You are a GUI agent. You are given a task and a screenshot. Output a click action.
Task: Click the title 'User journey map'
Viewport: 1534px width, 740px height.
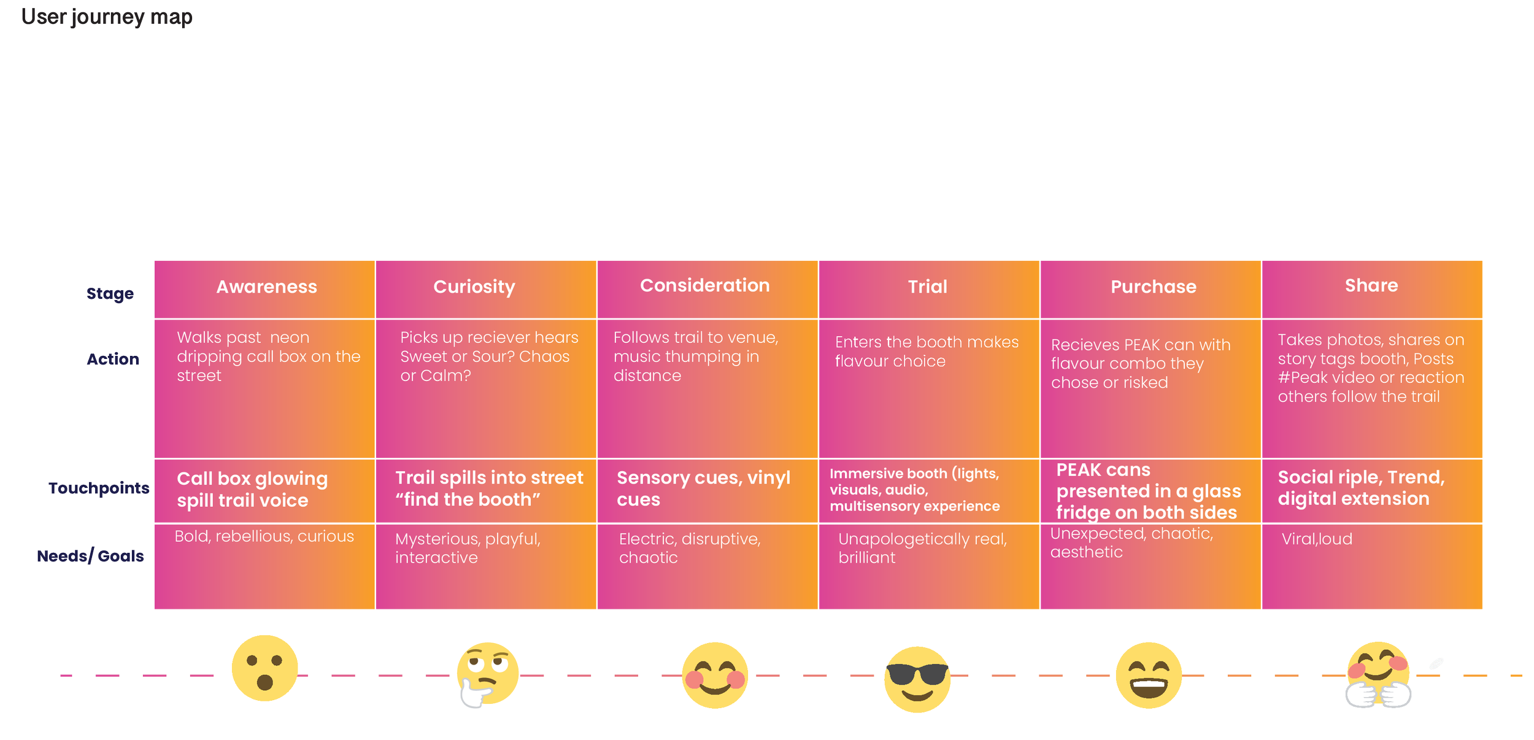[107, 17]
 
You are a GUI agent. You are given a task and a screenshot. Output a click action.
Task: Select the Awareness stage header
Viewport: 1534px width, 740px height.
[266, 287]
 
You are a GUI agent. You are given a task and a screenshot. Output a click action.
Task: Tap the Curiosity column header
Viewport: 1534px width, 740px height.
[474, 287]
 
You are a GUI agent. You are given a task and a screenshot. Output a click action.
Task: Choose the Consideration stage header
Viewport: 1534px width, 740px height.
[704, 285]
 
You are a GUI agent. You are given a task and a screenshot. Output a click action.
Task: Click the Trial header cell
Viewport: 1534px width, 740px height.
[928, 287]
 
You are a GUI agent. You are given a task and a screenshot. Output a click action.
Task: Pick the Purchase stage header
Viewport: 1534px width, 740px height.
[1154, 287]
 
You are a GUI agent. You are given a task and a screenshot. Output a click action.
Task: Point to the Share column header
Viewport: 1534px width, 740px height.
[1371, 285]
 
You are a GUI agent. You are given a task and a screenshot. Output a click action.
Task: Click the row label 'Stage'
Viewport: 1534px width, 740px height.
[110, 294]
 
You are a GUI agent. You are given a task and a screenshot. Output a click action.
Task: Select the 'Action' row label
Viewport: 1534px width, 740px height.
[113, 359]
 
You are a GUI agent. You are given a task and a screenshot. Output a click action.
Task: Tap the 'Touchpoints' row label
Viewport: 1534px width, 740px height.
[99, 488]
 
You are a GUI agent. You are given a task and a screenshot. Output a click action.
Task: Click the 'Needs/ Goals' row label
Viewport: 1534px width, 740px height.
[90, 556]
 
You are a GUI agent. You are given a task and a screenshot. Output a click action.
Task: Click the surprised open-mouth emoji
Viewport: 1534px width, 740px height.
[264, 668]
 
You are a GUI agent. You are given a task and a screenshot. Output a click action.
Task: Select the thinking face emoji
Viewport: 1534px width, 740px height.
[487, 674]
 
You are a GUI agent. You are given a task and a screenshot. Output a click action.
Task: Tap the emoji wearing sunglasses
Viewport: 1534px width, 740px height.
[917, 679]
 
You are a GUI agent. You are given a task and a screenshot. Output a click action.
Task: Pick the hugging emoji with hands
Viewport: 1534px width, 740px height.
[1378, 674]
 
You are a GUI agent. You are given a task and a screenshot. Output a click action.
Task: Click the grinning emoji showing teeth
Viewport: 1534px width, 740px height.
[1149, 675]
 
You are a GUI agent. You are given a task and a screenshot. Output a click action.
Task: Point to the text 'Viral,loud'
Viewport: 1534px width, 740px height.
[1317, 539]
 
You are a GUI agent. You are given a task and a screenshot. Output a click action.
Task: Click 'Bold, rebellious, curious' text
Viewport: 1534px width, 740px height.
[264, 536]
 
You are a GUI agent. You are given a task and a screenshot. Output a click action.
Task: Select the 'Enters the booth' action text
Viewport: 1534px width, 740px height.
[927, 352]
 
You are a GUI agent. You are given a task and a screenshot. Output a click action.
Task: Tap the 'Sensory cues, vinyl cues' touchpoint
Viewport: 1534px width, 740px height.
[703, 488]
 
